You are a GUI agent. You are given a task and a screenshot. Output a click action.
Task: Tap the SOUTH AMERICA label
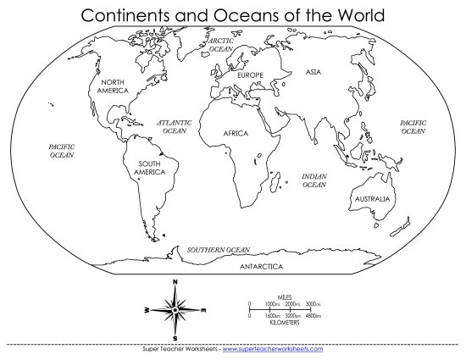click(149, 167)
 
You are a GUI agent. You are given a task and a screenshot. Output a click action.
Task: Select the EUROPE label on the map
click(251, 75)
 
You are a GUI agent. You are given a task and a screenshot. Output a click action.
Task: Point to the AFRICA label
click(236, 134)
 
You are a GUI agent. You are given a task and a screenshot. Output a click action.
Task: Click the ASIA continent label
click(313, 72)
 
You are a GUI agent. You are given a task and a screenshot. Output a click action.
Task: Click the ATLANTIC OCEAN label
click(175, 127)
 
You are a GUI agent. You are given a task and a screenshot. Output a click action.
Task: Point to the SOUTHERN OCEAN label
click(219, 250)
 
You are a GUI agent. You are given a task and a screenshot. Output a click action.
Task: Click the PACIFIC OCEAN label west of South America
click(61, 151)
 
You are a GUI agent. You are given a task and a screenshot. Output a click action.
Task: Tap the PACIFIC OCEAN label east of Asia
click(413, 127)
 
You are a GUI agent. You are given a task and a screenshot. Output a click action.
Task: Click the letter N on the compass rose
click(175, 281)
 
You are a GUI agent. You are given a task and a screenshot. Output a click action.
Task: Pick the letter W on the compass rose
click(146, 311)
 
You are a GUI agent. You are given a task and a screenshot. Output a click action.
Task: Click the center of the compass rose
click(175, 311)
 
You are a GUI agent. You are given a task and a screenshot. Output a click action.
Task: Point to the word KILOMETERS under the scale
click(281, 323)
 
